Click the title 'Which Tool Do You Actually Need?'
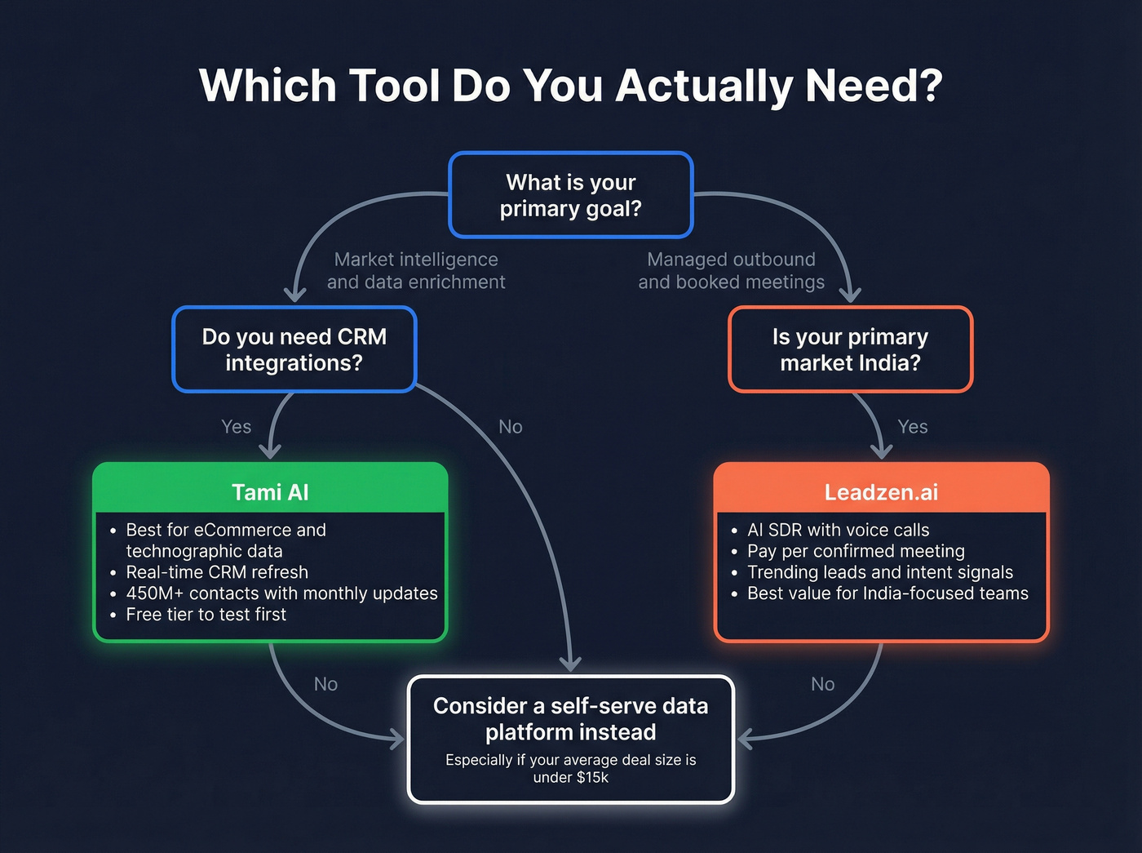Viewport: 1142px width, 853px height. pyautogui.click(x=570, y=85)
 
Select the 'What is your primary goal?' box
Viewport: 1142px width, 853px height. pyautogui.click(x=570, y=195)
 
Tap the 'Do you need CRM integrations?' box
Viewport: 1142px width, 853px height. pyautogui.click(x=294, y=349)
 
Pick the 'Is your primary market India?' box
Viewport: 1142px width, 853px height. pyautogui.click(x=850, y=349)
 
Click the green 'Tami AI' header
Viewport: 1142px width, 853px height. pyautogui.click(x=270, y=492)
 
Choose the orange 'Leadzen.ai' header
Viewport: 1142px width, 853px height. pyautogui.click(x=881, y=492)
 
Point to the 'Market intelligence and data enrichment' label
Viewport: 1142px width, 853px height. pyautogui.click(x=416, y=270)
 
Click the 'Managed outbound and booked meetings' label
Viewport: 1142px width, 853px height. pyautogui.click(x=731, y=270)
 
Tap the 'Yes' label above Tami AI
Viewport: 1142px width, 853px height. pyautogui.click(x=236, y=427)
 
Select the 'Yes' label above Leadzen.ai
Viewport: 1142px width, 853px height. pyautogui.click(x=912, y=427)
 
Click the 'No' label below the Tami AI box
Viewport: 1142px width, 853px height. pyautogui.click(x=325, y=684)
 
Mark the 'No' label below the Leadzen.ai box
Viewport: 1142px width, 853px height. pyautogui.click(x=822, y=684)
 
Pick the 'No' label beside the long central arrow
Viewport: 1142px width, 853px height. pyautogui.click(x=510, y=427)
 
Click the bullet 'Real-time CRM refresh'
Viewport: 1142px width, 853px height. pyautogui.click(x=217, y=572)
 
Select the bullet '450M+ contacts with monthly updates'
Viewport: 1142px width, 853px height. pyautogui.click(x=281, y=593)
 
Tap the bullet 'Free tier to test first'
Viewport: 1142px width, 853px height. pyautogui.click(x=206, y=615)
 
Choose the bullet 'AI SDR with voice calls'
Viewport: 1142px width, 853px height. pyautogui.click(x=838, y=530)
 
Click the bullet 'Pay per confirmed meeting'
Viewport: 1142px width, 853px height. pyautogui.click(x=856, y=551)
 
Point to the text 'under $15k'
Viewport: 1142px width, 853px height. pyautogui.click(x=570, y=777)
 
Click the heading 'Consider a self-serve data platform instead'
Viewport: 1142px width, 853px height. pyautogui.click(x=570, y=718)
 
